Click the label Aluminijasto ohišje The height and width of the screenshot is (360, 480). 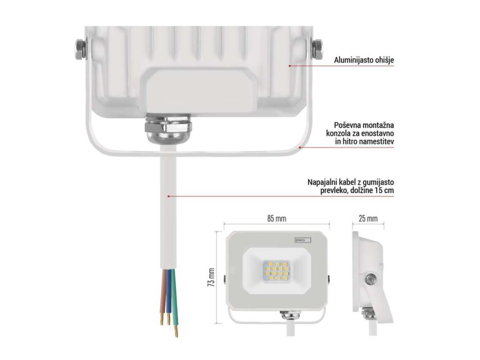[363, 60]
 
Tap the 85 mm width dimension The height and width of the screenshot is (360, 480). [276, 218]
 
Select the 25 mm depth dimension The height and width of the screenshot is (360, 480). [368, 218]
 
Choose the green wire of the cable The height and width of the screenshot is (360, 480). [173, 300]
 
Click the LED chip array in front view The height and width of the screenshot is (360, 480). [276, 272]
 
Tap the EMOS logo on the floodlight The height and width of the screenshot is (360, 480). [302, 240]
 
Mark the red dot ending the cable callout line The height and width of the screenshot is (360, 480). [168, 196]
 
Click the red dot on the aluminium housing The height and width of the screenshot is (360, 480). [290, 66]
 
